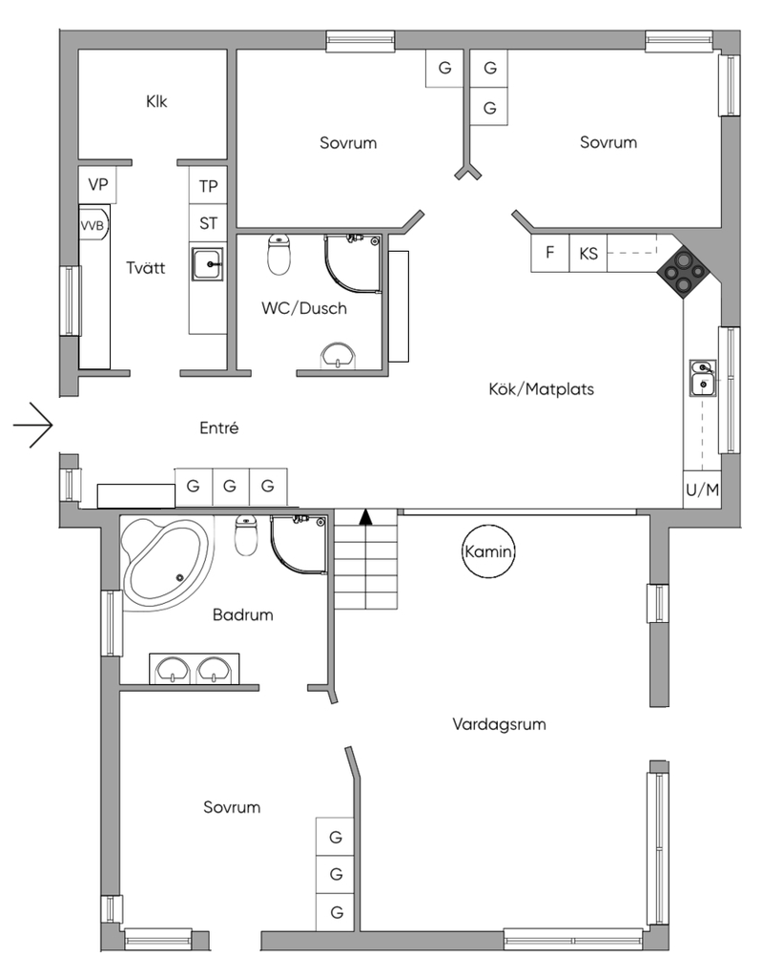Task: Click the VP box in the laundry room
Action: click(x=97, y=184)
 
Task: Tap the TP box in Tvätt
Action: click(x=208, y=185)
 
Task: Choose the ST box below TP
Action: click(x=208, y=224)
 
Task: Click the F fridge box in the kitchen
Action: click(x=549, y=254)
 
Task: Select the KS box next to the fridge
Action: click(x=588, y=254)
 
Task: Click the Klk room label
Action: click(x=156, y=101)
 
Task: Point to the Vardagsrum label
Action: click(x=499, y=724)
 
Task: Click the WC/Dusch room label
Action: click(x=304, y=308)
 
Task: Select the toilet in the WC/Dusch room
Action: click(x=278, y=255)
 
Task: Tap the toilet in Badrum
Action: click(x=247, y=536)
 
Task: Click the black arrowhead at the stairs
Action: click(x=364, y=518)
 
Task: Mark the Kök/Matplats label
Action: click(x=534, y=389)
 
